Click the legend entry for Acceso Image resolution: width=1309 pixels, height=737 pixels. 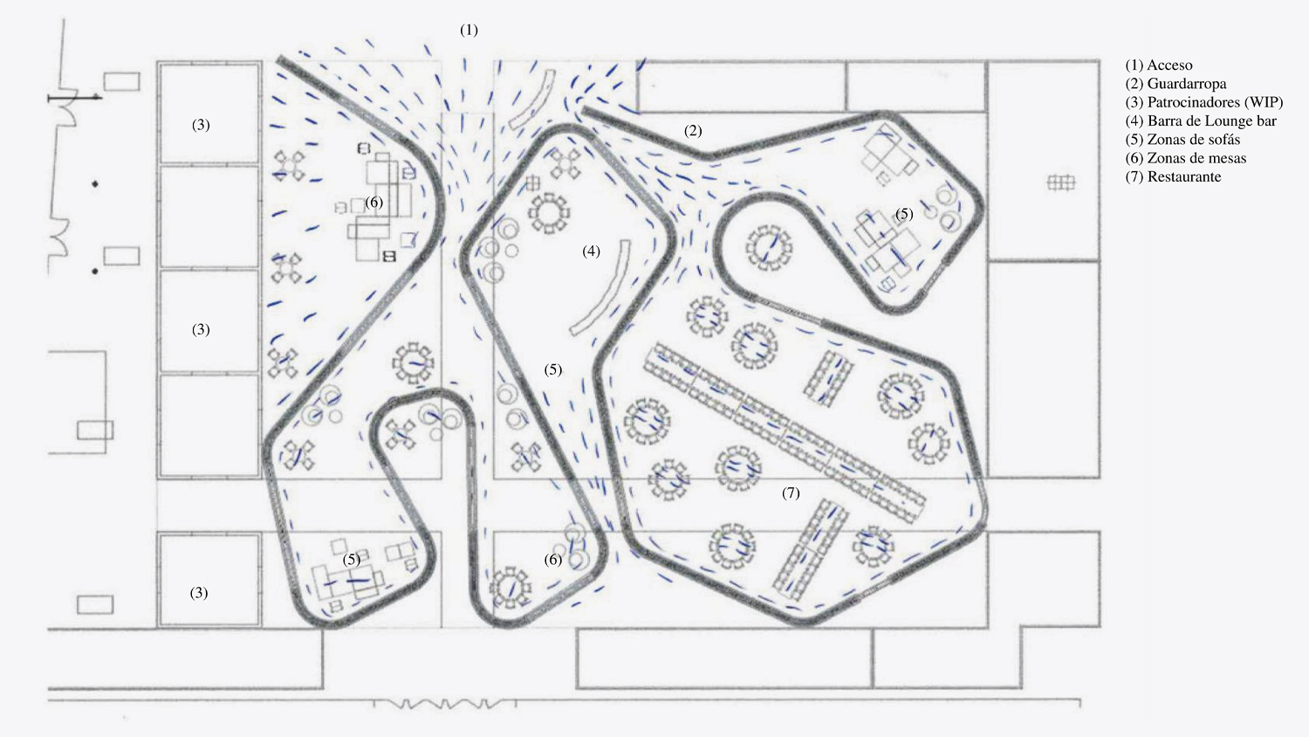[x=1160, y=65]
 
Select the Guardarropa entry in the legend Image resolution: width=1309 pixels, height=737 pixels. [x=1175, y=84]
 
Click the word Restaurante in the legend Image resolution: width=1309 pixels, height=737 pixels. [x=1184, y=176]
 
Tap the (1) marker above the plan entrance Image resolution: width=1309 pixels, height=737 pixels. [x=469, y=30]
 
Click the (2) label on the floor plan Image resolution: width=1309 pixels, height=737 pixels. [x=693, y=131]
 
